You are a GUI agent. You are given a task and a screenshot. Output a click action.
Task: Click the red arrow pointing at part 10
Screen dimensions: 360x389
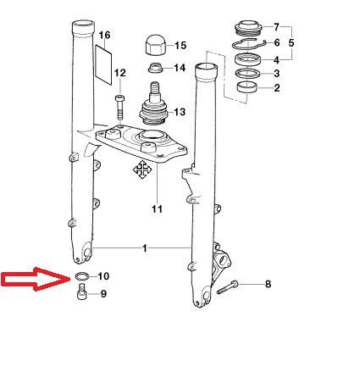36,279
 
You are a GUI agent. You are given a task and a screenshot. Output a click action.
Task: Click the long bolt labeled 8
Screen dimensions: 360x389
228,287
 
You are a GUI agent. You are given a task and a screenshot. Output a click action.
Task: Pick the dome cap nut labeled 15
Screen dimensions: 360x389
155,45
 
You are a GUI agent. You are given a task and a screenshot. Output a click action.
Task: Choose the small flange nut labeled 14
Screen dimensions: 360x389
155,68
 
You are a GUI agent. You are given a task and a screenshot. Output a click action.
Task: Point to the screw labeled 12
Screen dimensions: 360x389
119,108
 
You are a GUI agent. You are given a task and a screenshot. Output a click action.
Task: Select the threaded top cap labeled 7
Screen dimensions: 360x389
248,28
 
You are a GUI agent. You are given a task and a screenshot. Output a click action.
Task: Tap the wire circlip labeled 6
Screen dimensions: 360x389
248,43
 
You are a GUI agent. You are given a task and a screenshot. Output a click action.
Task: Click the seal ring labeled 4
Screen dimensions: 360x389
248,59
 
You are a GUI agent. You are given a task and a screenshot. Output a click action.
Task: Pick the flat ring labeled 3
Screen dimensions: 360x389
248,73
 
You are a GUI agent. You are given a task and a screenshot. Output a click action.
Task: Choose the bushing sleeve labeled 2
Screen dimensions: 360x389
247,87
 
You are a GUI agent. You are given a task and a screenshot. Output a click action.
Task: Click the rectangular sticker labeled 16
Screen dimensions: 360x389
103,64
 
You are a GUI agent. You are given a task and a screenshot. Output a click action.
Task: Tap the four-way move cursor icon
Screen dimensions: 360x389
142,169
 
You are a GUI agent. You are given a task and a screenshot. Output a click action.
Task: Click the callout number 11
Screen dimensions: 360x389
158,209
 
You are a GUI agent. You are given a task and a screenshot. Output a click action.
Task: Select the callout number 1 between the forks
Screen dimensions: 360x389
145,248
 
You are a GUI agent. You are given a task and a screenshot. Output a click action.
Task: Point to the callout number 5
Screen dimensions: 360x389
291,43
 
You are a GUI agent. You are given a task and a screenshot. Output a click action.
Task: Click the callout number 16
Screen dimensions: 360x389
104,36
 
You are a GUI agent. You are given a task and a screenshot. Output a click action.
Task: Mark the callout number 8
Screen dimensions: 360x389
268,284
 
